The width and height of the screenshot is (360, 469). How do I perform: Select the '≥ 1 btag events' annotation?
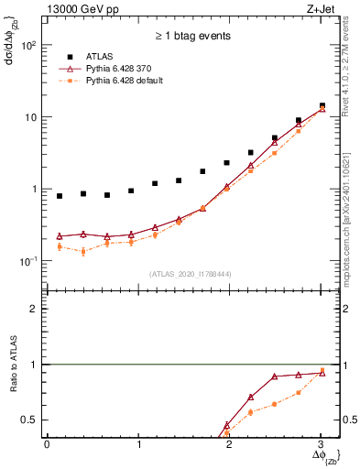(192, 37)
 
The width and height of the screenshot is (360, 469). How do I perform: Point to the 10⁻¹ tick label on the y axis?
(29, 261)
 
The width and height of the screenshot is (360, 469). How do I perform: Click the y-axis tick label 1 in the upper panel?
(35, 190)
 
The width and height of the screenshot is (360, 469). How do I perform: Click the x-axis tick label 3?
(321, 446)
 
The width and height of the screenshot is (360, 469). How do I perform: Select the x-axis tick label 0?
(47, 446)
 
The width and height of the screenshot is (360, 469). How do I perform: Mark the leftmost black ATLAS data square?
(60, 196)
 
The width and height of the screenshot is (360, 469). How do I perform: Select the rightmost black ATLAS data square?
(322, 105)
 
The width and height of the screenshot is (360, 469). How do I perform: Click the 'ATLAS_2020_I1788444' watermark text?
(191, 274)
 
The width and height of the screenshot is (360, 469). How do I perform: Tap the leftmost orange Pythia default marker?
(60, 246)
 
